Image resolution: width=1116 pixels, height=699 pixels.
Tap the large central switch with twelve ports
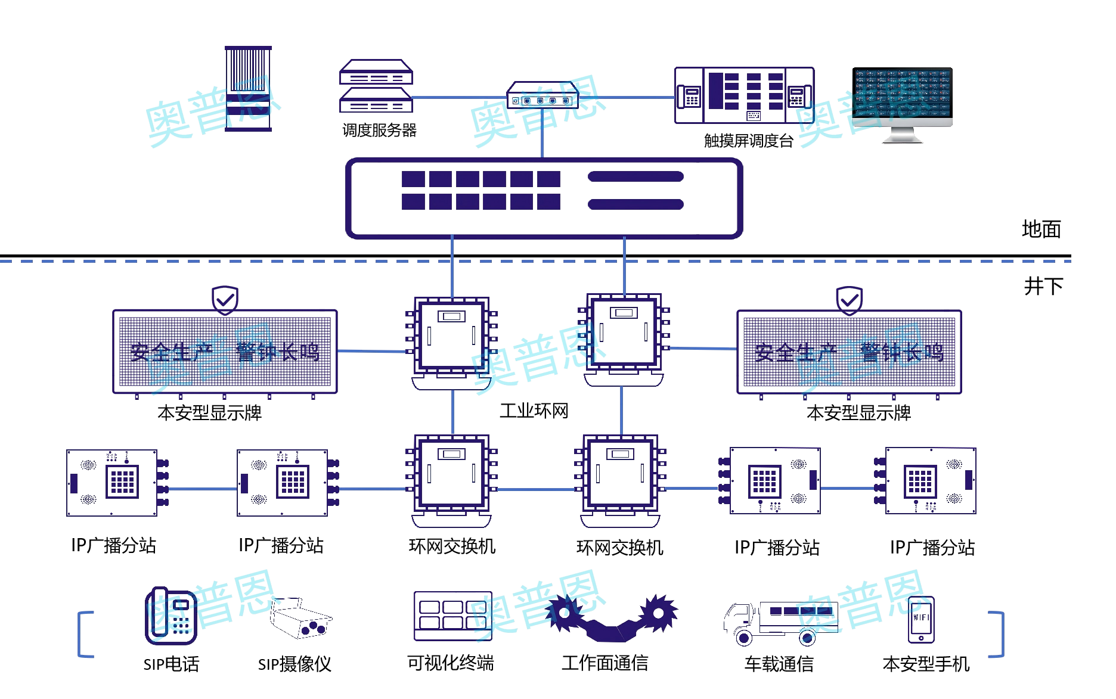click(544, 198)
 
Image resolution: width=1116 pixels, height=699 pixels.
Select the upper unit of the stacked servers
click(376, 72)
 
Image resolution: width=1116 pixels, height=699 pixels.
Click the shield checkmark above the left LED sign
click(225, 300)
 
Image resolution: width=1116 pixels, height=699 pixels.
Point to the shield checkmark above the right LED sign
click(849, 300)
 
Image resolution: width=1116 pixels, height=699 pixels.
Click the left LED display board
click(225, 352)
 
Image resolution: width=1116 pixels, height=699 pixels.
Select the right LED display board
click(849, 352)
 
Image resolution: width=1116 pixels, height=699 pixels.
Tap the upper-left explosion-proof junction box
click(451, 337)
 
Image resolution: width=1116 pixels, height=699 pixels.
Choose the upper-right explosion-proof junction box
click(623, 334)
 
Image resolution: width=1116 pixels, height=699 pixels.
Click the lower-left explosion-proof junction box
click(451, 474)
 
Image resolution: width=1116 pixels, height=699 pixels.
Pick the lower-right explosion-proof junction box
click(620, 474)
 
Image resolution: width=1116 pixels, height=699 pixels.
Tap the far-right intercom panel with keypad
click(930, 480)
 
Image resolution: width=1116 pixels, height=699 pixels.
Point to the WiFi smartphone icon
click(921, 620)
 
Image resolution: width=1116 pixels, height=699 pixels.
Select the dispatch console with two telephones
click(744, 95)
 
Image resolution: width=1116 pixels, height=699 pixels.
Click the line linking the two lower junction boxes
click(535, 490)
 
